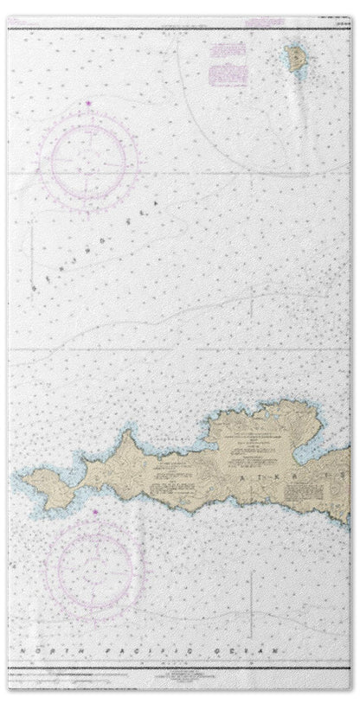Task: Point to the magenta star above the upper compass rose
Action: click(x=88, y=105)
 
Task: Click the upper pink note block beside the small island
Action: click(x=228, y=53)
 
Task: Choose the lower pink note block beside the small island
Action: click(x=228, y=75)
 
